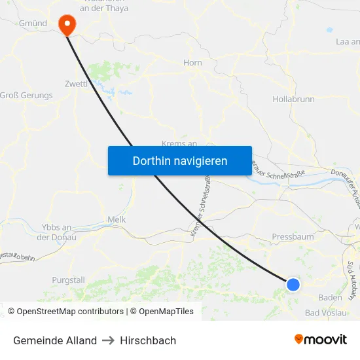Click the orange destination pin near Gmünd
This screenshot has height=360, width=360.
(67, 24)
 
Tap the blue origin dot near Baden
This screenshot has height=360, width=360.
(293, 284)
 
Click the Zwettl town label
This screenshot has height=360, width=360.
(77, 84)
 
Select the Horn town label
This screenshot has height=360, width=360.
(193, 63)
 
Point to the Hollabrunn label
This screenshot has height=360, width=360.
(293, 99)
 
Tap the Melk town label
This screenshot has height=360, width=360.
(117, 221)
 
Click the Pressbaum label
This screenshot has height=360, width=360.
(293, 237)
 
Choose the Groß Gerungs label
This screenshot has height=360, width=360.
(26, 96)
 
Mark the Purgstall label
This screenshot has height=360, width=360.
(69, 280)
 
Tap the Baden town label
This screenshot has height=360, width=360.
(330, 297)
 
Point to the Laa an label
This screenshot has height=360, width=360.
(347, 41)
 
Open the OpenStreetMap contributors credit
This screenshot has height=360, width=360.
(70, 312)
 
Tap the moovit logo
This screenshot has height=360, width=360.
(321, 340)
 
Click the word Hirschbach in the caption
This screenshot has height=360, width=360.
(148, 340)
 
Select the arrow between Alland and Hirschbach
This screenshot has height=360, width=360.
(109, 340)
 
